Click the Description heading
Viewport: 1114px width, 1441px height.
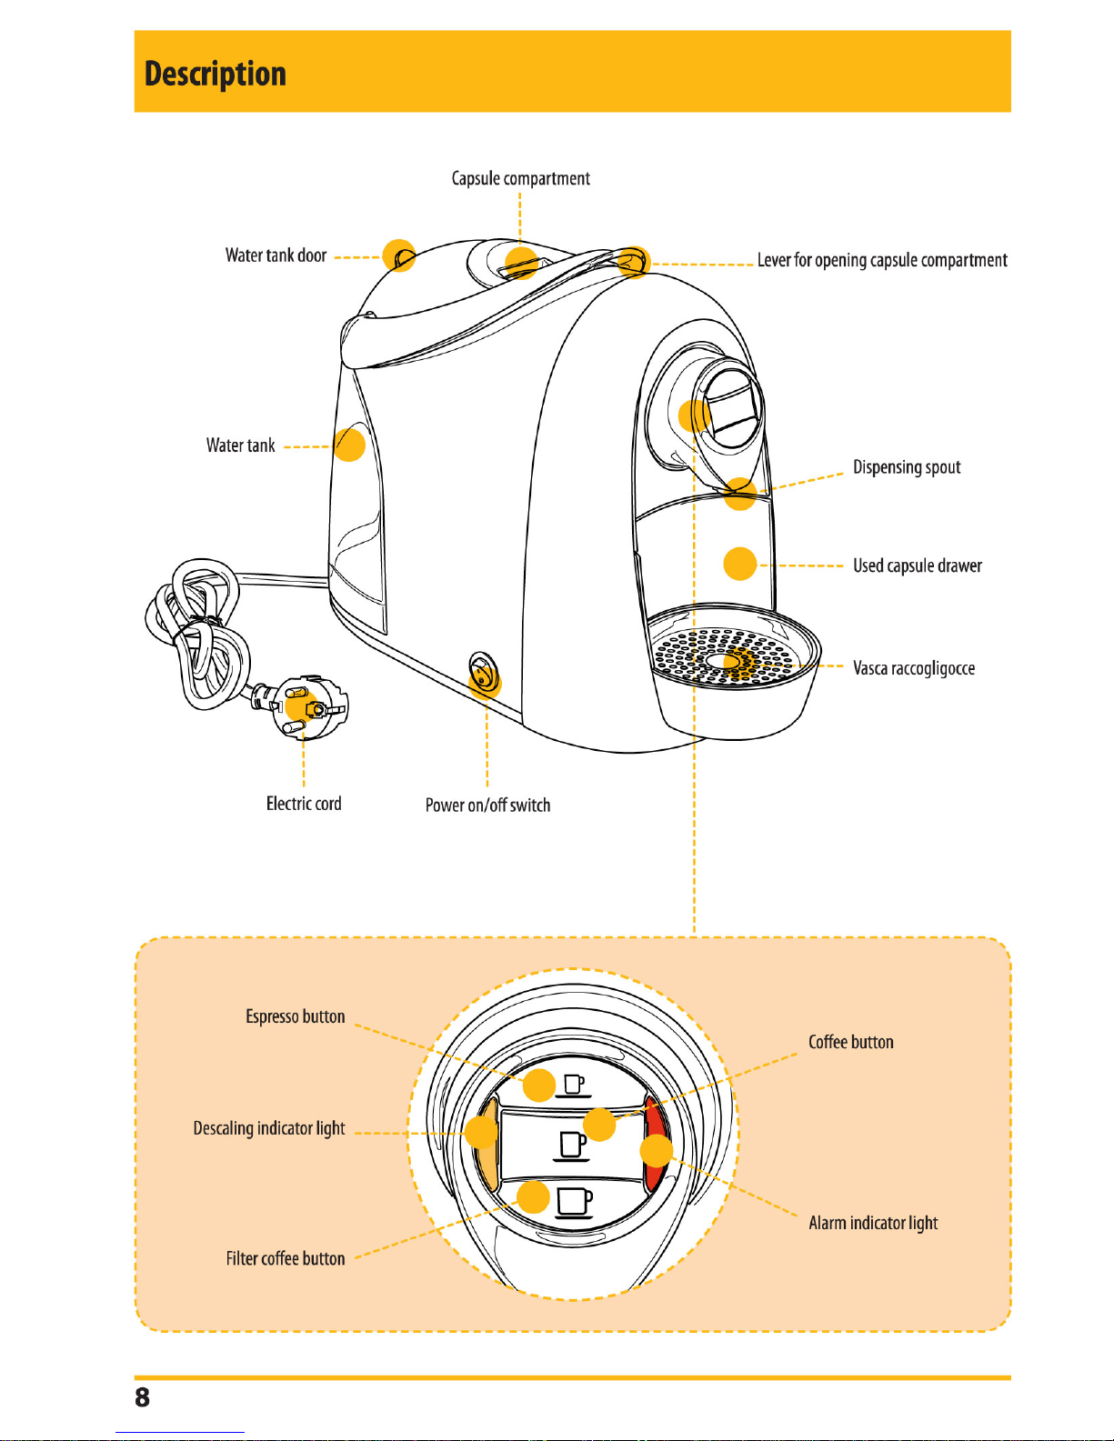tap(215, 74)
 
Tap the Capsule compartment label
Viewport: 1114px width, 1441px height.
tap(520, 178)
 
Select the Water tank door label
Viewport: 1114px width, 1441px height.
tap(276, 255)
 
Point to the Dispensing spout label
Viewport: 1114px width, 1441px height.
tap(907, 467)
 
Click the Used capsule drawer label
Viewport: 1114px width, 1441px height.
tap(917, 565)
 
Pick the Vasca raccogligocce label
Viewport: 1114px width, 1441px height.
tap(914, 668)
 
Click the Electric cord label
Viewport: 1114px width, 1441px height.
tap(304, 804)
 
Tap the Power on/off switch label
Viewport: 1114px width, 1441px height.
tap(488, 805)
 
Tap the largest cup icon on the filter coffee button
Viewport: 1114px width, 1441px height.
tap(574, 1202)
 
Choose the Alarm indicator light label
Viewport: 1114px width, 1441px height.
tap(873, 1223)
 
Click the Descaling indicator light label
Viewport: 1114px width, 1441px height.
tap(269, 1128)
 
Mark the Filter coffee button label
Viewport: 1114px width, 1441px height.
tap(286, 1258)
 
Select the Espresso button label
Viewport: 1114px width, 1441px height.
tap(295, 1016)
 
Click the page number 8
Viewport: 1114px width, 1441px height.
tap(142, 1397)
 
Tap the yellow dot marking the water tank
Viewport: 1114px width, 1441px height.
tap(349, 445)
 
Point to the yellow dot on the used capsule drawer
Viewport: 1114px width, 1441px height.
tap(740, 564)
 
